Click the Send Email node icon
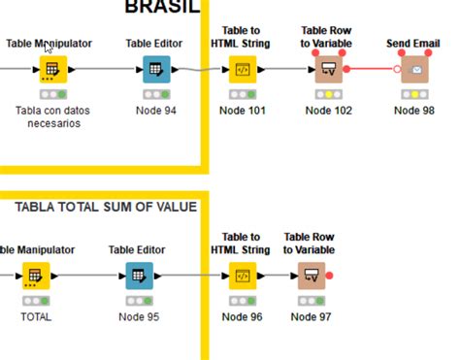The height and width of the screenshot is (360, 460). coord(415,70)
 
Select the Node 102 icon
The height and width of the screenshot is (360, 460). coord(328,70)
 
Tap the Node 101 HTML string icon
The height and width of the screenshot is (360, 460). coord(242,70)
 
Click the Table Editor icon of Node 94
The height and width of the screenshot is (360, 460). coord(155,70)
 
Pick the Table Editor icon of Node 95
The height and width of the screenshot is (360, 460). coord(139,277)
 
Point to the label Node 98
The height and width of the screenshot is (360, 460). coord(414,111)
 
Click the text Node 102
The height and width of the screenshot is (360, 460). coord(328,111)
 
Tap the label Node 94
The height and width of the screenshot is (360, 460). coord(155,111)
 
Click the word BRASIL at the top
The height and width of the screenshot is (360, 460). coord(161,8)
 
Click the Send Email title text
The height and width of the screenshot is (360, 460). coord(414,44)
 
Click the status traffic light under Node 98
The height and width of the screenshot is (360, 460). coord(414,94)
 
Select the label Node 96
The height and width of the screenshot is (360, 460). coord(242,317)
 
